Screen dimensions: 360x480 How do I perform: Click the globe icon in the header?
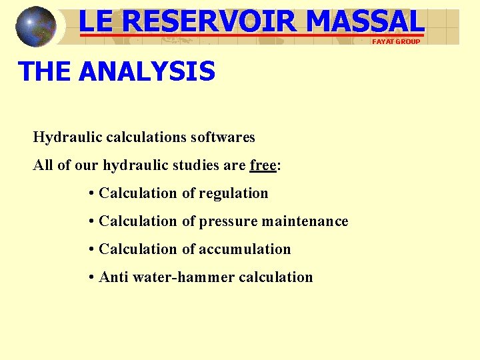tap(36, 27)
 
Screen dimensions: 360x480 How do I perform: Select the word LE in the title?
tap(97, 21)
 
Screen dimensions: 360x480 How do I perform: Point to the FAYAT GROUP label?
tap(396, 41)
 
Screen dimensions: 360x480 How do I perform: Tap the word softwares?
tap(223, 137)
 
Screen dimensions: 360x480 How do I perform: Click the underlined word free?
tap(263, 165)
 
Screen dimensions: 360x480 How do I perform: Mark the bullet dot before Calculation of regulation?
tap(91, 194)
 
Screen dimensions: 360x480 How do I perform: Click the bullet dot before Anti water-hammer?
tap(91, 278)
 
